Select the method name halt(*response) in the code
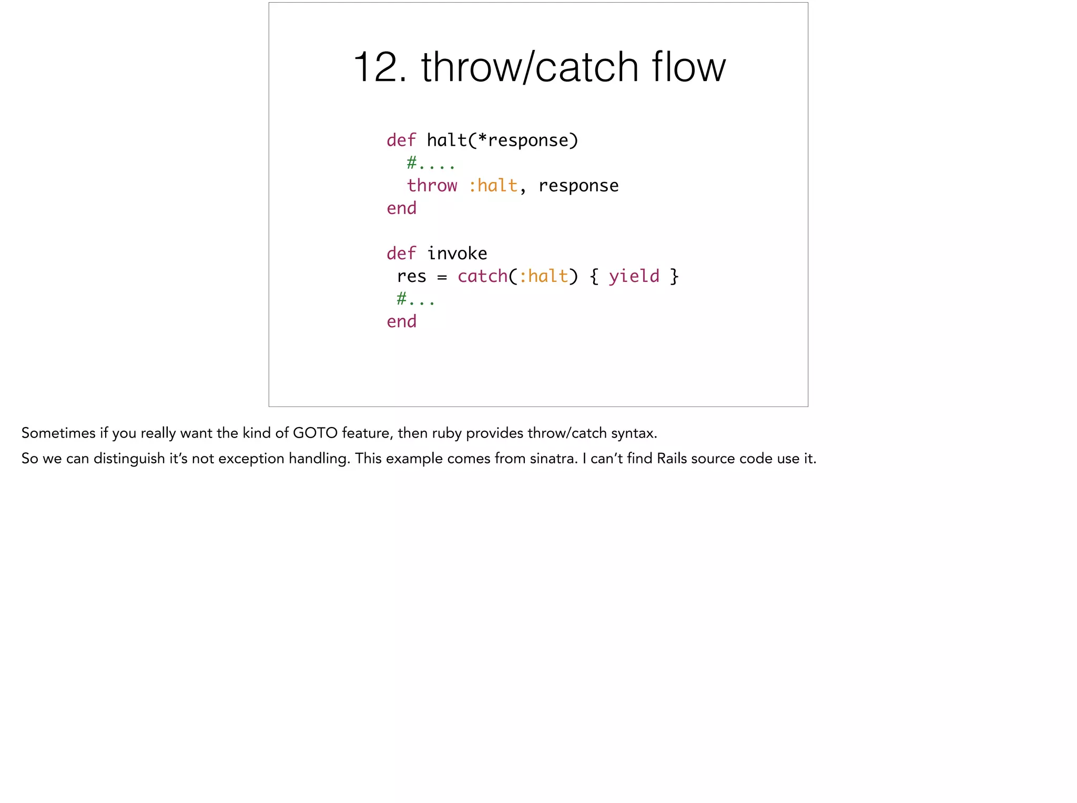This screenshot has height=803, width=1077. point(502,140)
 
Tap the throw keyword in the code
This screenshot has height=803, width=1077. point(432,186)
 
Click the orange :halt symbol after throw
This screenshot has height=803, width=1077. point(493,186)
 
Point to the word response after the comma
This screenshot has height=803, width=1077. point(578,186)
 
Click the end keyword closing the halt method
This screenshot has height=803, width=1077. point(401,208)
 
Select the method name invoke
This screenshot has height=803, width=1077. point(457,253)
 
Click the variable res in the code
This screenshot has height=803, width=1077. point(411,276)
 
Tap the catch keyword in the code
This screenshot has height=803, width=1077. point(482,276)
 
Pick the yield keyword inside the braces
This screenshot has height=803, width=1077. point(634,276)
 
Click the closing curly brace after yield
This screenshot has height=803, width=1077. point(674,276)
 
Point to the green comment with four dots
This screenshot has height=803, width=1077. point(431,163)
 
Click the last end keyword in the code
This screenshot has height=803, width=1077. point(401,321)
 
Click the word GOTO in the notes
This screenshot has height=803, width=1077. point(315,433)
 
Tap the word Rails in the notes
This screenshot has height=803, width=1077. point(672,459)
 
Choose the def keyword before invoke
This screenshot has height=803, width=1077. point(401,253)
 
